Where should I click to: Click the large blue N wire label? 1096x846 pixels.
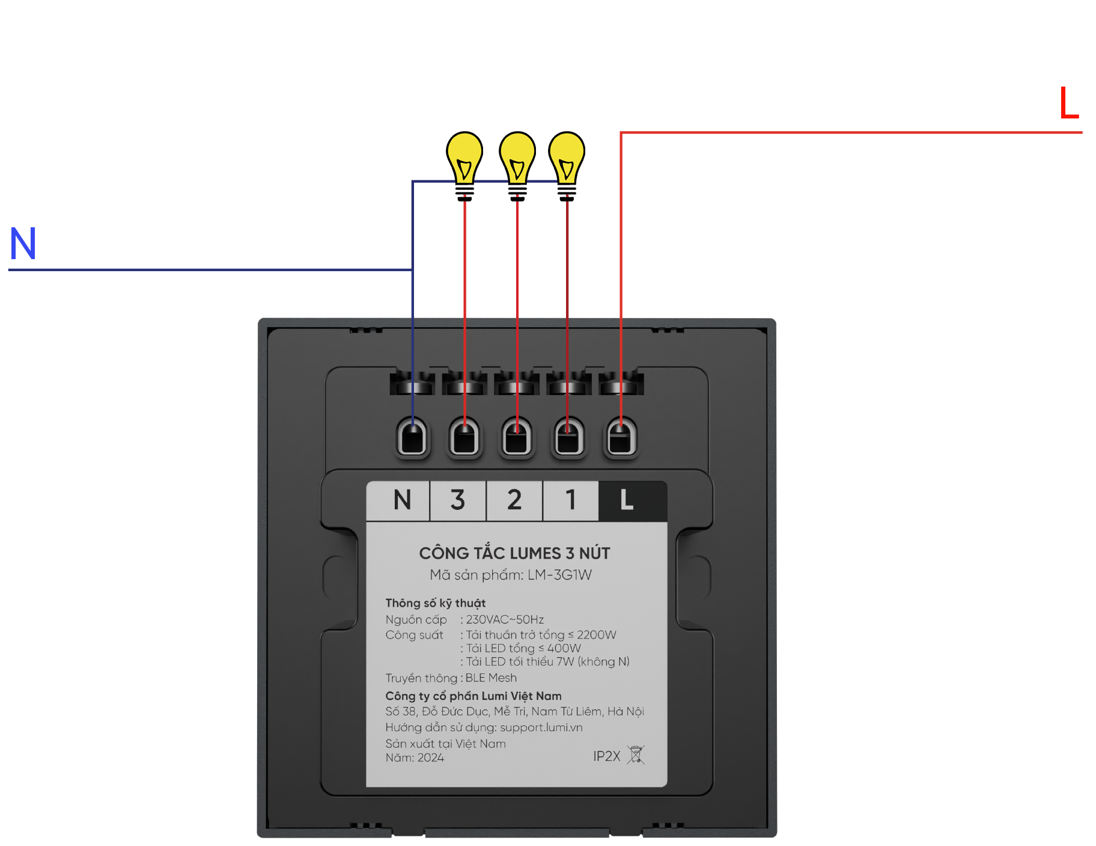pyautogui.click(x=23, y=244)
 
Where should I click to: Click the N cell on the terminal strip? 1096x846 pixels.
pyautogui.click(x=402, y=500)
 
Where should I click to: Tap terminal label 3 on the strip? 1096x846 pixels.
pyautogui.click(x=457, y=500)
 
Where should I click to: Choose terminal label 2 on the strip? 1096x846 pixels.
pyautogui.click(x=514, y=500)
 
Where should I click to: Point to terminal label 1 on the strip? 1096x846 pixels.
pyautogui.click(x=570, y=500)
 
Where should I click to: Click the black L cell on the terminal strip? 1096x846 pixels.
pyautogui.click(x=626, y=500)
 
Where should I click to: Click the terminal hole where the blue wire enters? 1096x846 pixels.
pyautogui.click(x=413, y=438)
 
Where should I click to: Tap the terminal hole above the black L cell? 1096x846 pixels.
pyautogui.click(x=621, y=438)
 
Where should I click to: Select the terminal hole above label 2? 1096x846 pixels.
pyautogui.click(x=517, y=438)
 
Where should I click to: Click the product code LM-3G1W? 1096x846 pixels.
pyautogui.click(x=559, y=575)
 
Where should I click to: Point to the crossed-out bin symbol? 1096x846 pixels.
pyautogui.click(x=636, y=755)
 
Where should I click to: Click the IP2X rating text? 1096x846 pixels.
pyautogui.click(x=606, y=756)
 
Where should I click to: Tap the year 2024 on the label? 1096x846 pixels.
pyautogui.click(x=431, y=758)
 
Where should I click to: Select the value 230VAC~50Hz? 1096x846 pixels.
pyautogui.click(x=505, y=620)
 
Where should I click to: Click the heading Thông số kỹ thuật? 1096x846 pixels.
pyautogui.click(x=435, y=603)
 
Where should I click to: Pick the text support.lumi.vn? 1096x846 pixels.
pyautogui.click(x=541, y=728)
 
